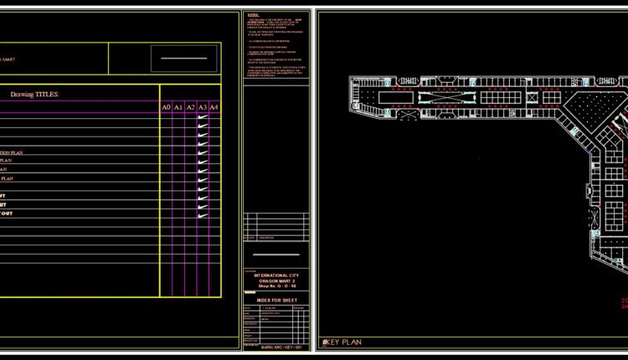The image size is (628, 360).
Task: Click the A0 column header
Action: tap(167, 107)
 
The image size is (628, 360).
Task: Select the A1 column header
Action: tap(178, 107)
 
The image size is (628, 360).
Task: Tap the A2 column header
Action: tap(191, 107)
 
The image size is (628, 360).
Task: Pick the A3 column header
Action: tap(203, 107)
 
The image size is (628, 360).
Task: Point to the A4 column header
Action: tap(214, 107)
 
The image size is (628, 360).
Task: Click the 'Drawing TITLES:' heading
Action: tap(34, 95)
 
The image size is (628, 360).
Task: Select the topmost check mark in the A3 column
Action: tap(203, 118)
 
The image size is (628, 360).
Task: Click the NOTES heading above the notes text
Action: tap(253, 15)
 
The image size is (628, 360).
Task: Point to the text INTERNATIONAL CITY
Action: tap(275, 274)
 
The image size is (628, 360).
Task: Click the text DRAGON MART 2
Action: tap(275, 280)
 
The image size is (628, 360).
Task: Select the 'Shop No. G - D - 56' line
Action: tap(275, 285)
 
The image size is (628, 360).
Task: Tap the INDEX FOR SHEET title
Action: tap(275, 299)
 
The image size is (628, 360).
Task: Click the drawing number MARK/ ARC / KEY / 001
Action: tap(275, 347)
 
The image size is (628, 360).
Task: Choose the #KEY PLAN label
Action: tap(342, 342)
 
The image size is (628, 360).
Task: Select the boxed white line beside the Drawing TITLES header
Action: tap(184, 59)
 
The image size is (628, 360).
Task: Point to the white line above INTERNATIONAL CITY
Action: tap(275, 255)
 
